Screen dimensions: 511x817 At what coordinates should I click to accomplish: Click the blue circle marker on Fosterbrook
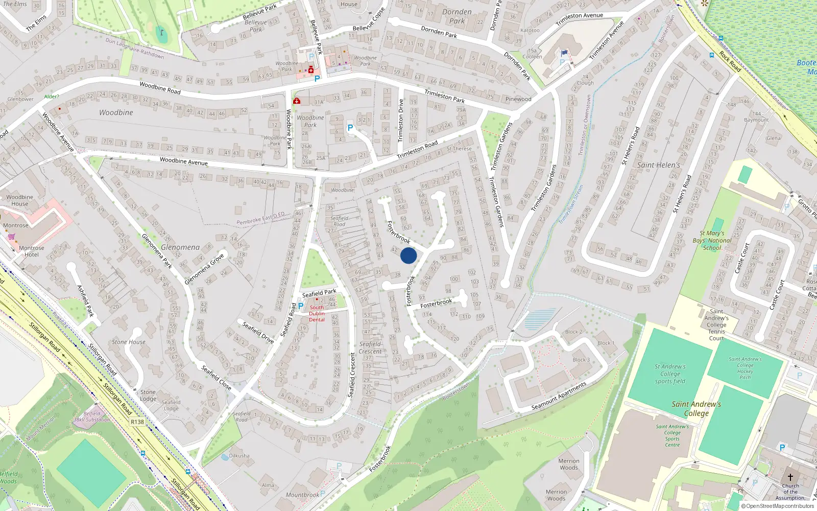coord(408,255)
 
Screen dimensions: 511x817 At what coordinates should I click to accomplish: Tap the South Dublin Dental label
coord(317,314)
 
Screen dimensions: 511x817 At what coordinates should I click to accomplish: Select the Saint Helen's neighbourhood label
coord(658,165)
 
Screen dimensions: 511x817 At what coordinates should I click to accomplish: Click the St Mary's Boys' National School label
coord(712,241)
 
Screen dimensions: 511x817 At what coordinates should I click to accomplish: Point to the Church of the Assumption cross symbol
coord(790,477)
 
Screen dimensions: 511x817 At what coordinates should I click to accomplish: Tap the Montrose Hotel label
coord(32,251)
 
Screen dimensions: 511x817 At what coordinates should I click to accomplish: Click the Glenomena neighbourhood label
coord(180,247)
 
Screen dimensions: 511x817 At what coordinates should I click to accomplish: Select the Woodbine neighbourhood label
coord(116,112)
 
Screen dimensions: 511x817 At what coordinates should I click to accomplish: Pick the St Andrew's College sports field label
coord(670,374)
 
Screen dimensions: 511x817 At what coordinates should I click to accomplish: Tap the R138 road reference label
coord(137,422)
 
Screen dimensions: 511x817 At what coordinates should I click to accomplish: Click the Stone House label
coord(129,342)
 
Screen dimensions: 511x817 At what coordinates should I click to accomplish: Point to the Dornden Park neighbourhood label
coord(457,16)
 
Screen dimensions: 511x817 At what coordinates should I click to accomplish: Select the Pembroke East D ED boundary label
coord(260,218)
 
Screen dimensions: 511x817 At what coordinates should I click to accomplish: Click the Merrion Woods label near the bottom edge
coord(556,495)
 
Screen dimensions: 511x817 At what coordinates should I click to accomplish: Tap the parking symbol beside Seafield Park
coord(301,306)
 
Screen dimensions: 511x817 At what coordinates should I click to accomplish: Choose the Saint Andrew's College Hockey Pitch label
coord(745,368)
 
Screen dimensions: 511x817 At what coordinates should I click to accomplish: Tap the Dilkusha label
coord(239,455)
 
